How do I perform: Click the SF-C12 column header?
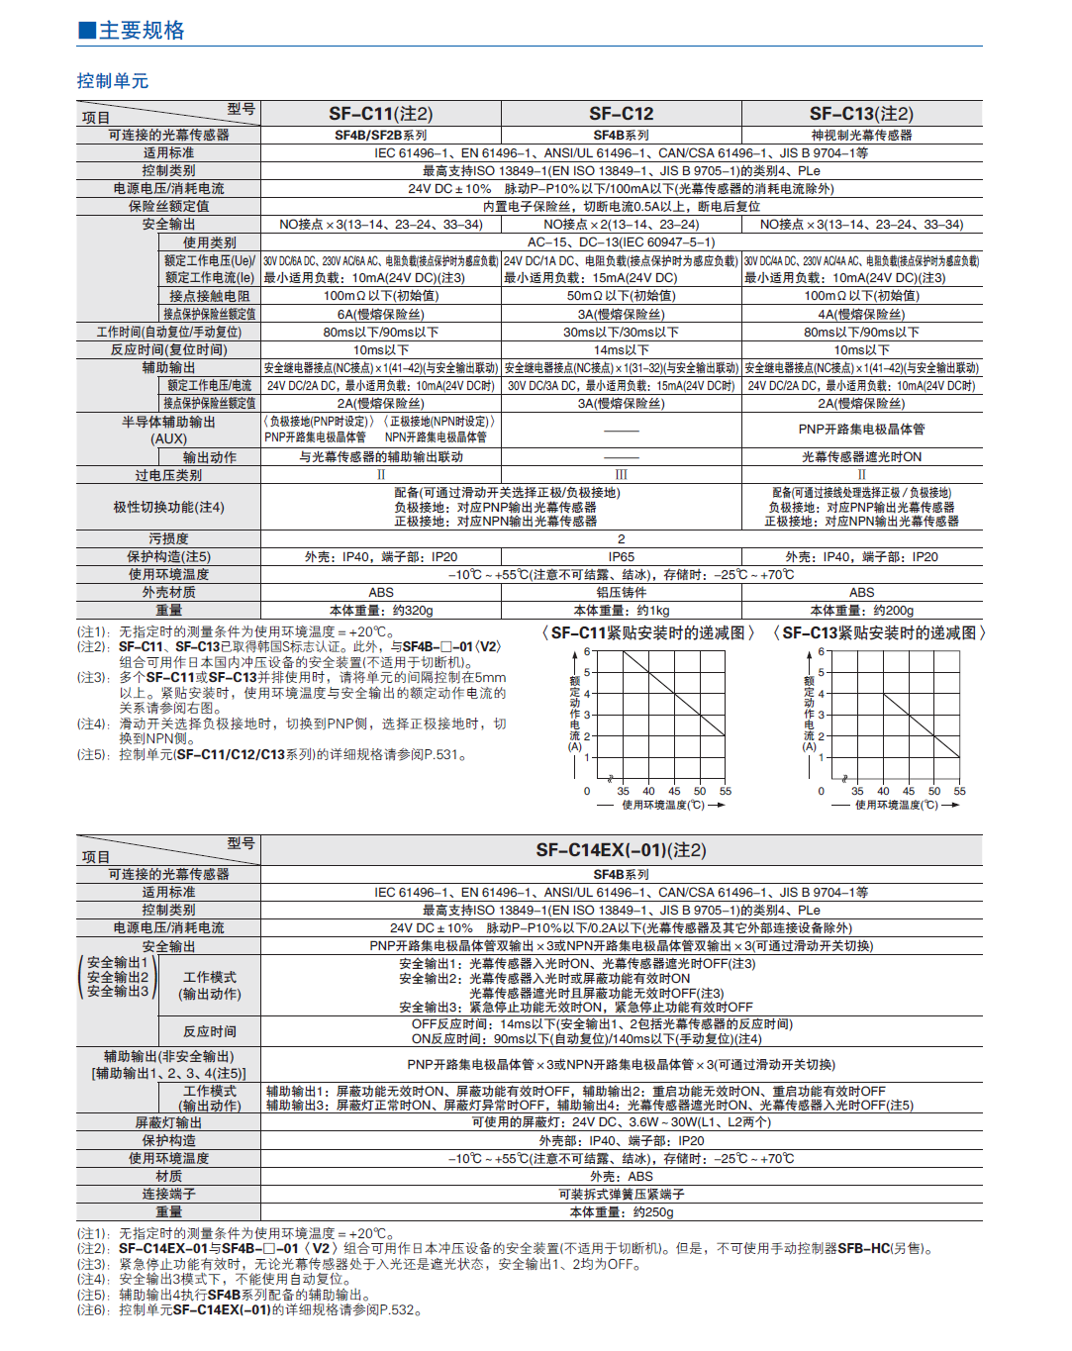[x=621, y=114]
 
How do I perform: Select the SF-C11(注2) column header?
[x=381, y=114]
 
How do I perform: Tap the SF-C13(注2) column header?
[x=861, y=114]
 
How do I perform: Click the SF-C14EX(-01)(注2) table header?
[x=621, y=850]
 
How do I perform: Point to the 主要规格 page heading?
[x=142, y=31]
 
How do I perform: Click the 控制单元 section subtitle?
[x=113, y=81]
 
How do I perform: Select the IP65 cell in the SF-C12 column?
[x=621, y=557]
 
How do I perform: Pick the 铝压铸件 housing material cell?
[x=621, y=592]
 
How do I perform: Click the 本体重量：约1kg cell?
[x=621, y=611]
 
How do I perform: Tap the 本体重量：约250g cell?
[x=621, y=1211]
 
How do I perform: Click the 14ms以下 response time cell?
[x=621, y=350]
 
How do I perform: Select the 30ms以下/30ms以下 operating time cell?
[x=621, y=333]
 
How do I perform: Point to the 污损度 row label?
[x=168, y=539]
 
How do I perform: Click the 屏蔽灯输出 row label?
[x=168, y=1122]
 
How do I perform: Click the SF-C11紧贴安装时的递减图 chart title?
[x=648, y=633]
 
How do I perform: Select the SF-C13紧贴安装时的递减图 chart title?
[x=879, y=633]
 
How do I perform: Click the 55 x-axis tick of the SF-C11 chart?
[x=726, y=791]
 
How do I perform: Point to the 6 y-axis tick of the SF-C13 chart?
[x=821, y=652]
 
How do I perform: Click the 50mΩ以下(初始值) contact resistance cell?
[x=621, y=296]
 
